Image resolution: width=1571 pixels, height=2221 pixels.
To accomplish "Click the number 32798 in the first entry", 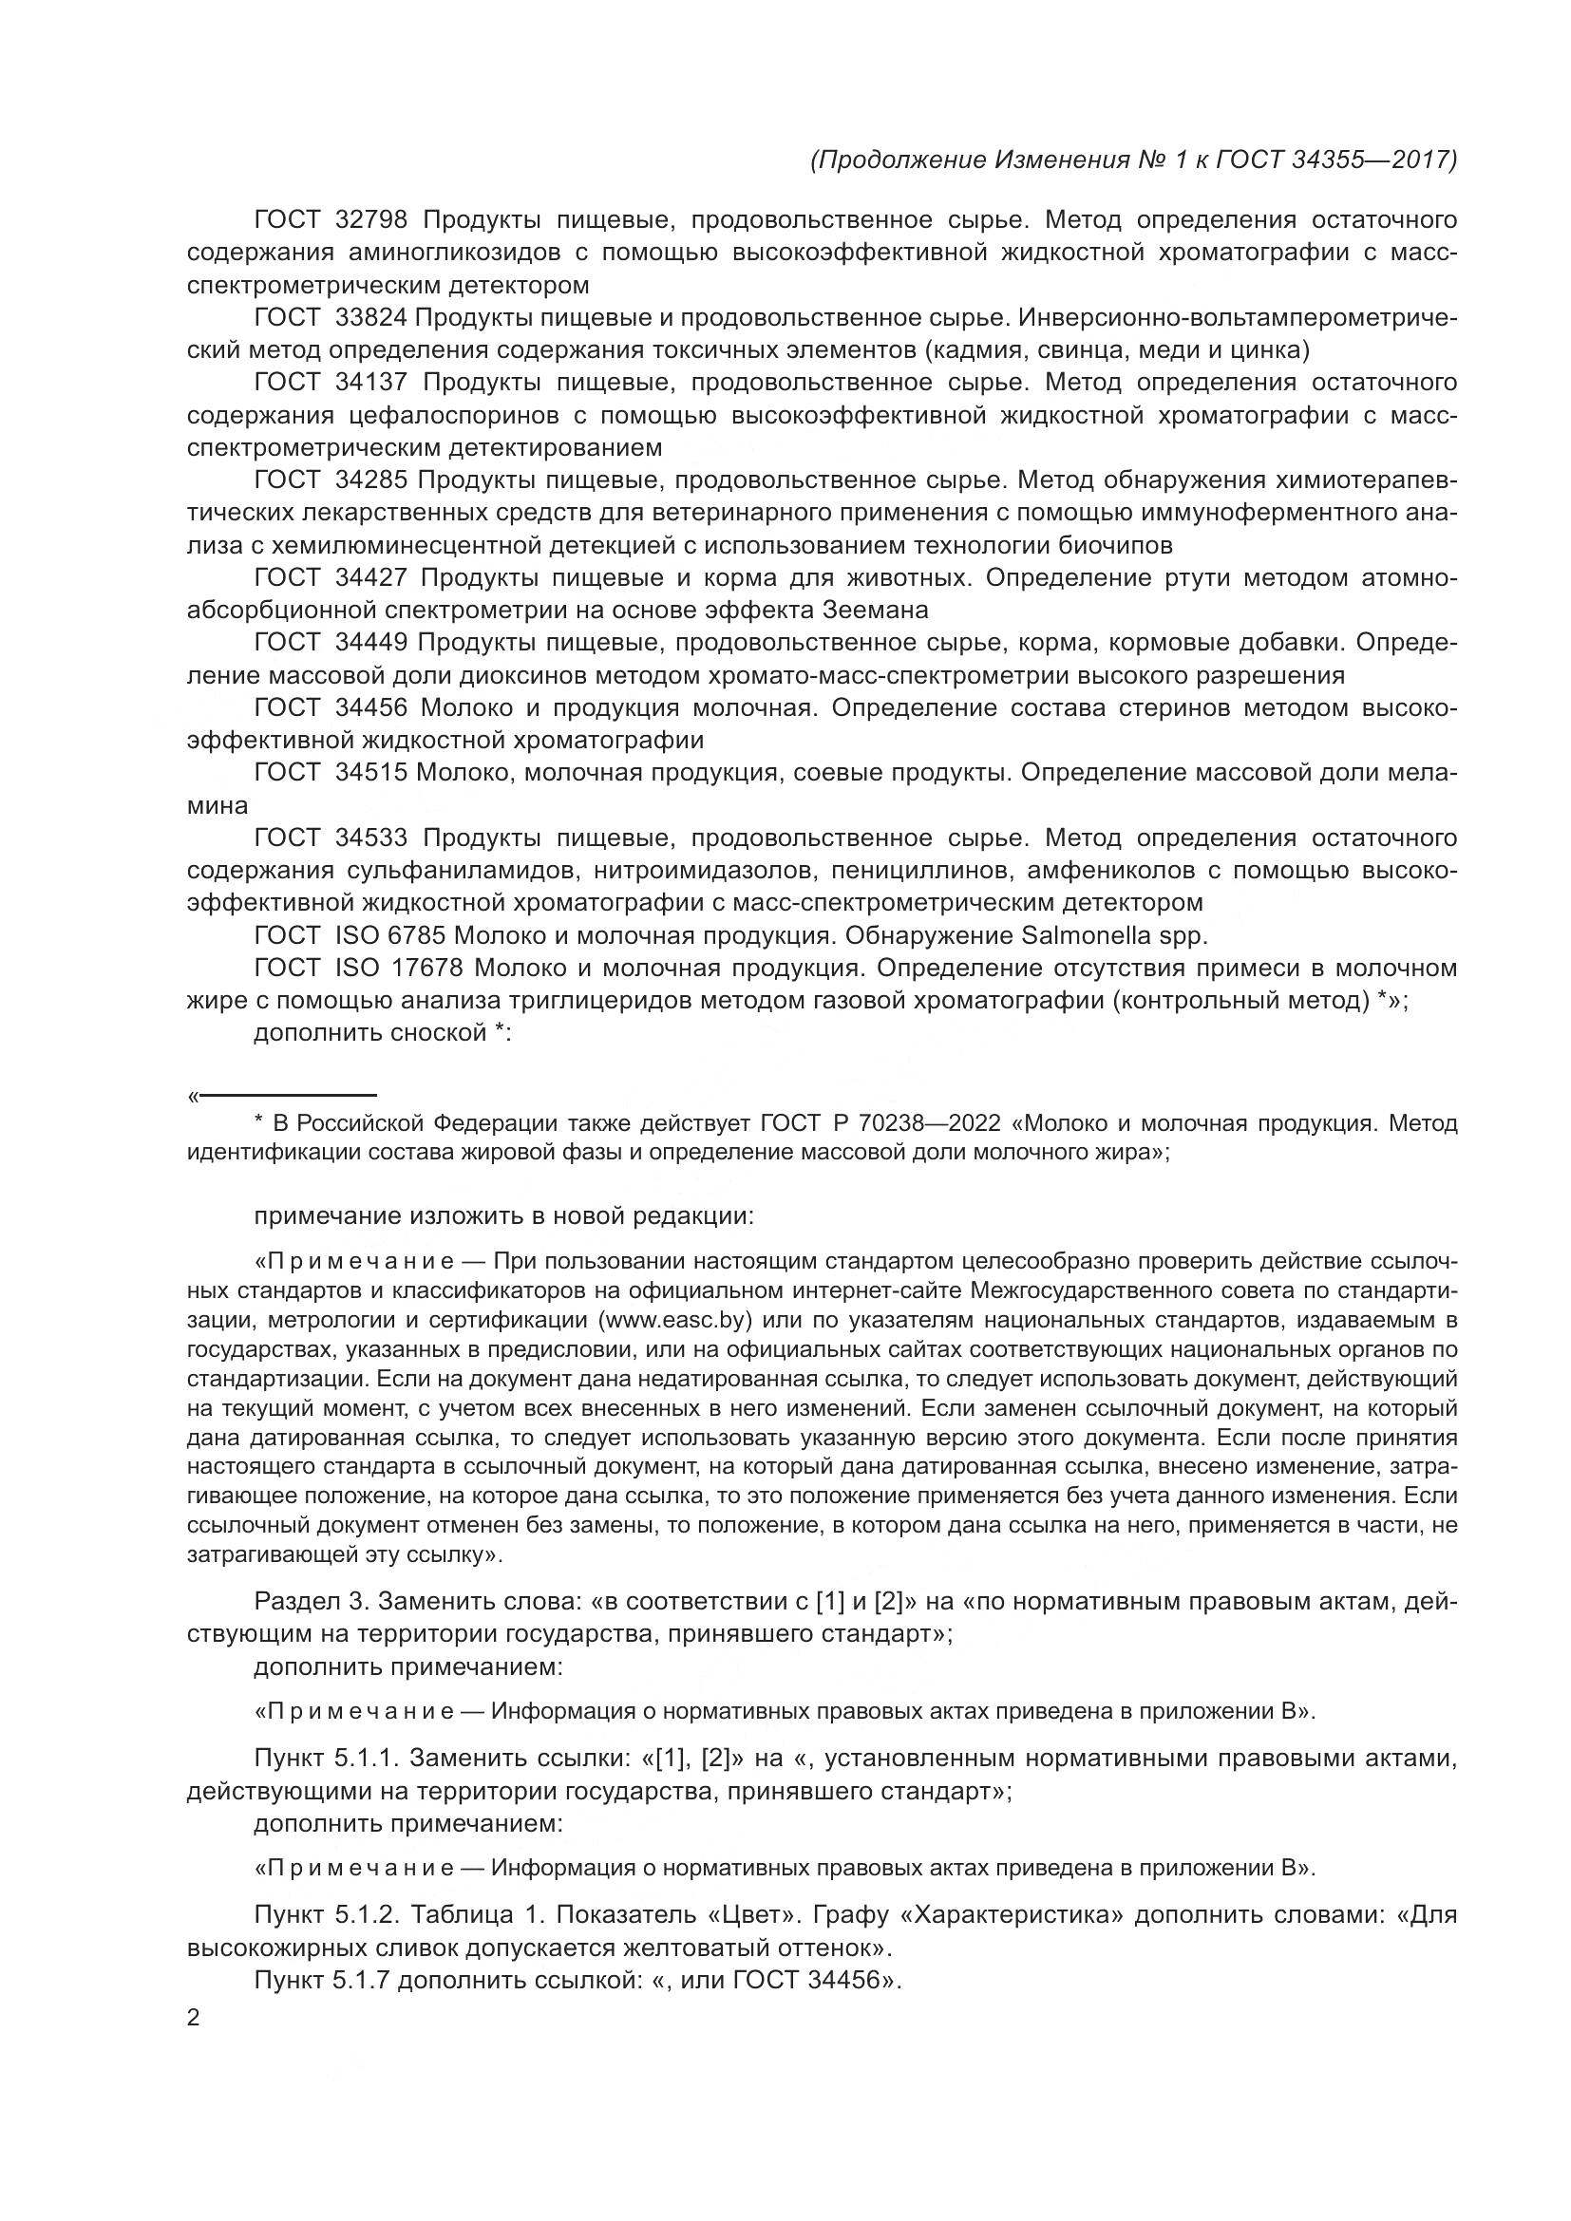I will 370,219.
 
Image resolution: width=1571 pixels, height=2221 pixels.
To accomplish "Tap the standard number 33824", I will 370,317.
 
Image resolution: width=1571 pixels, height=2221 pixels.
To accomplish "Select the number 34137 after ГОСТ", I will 370,382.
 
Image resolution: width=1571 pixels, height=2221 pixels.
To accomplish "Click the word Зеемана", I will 875,611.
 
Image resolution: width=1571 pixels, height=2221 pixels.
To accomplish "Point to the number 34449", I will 370,642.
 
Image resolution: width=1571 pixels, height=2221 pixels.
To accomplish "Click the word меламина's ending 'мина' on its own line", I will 217,805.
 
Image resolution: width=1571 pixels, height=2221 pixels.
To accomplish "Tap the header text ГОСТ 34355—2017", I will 1336,160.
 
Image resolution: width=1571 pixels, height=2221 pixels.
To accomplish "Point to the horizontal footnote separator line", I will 286,1095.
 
